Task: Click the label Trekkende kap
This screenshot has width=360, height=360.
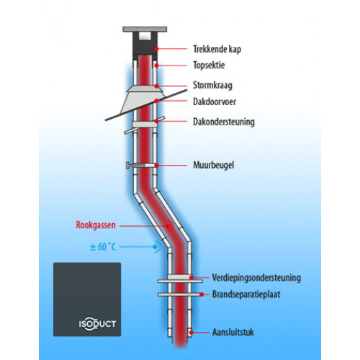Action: (x=217, y=49)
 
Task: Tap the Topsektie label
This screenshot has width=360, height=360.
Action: (x=209, y=66)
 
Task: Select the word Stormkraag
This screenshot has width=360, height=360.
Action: (x=212, y=86)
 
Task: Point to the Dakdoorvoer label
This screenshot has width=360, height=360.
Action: (x=215, y=102)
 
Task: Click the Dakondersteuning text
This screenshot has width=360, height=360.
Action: (x=224, y=122)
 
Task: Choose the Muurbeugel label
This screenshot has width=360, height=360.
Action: (x=214, y=165)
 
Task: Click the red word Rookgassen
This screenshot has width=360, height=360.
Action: (x=96, y=225)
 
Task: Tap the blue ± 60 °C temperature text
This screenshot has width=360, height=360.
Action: (x=102, y=247)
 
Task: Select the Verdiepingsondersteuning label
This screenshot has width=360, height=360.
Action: (x=256, y=278)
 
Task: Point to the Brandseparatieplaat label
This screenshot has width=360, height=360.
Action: (x=246, y=294)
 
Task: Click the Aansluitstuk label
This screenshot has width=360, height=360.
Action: (x=233, y=333)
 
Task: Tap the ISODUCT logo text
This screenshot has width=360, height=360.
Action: (x=97, y=324)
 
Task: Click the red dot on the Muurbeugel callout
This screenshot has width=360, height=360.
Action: (x=156, y=166)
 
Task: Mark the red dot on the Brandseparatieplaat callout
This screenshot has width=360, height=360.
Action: (x=202, y=294)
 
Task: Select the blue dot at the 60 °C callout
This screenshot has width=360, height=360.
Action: (x=156, y=246)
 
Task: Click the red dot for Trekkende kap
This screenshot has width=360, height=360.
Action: (x=156, y=49)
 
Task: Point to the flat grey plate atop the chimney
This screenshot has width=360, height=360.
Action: (x=145, y=30)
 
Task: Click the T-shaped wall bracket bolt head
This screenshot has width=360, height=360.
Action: (x=128, y=166)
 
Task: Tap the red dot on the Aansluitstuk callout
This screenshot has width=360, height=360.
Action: (x=192, y=333)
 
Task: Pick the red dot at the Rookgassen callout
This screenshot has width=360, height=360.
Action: (x=168, y=226)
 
